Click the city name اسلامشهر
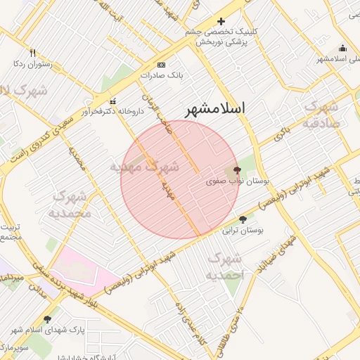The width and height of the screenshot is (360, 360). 217,108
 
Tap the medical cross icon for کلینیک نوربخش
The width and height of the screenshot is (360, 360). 221,22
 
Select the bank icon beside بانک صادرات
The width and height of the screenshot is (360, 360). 161,64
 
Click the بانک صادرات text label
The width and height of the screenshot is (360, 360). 161,74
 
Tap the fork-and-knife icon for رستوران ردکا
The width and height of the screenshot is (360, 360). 32,53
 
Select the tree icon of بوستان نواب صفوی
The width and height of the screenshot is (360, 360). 236,169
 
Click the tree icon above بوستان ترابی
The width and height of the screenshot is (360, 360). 243,219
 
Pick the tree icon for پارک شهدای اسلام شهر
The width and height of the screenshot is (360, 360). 48,319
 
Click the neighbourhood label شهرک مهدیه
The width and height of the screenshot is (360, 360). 145,167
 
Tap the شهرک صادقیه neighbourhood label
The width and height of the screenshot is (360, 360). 322,115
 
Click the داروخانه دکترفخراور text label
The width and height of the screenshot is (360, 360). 112,111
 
